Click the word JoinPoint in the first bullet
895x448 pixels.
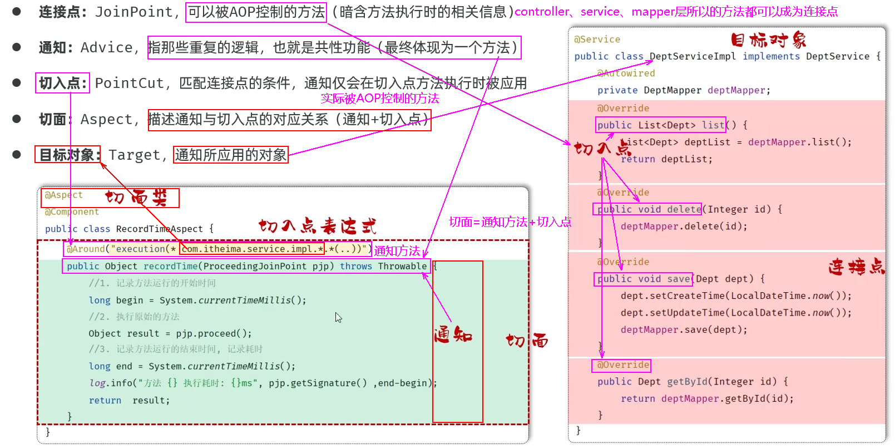[x=134, y=12]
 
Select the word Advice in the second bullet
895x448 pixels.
[x=106, y=48]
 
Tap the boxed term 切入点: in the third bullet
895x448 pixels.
[x=62, y=83]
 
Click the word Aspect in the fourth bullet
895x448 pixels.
[x=106, y=120]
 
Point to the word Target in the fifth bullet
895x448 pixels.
[x=134, y=155]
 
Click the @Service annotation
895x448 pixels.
[x=597, y=40]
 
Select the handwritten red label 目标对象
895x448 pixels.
[x=768, y=40]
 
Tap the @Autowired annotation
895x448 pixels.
[x=626, y=73]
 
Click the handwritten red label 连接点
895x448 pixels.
[x=856, y=267]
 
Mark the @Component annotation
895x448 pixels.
[x=72, y=212]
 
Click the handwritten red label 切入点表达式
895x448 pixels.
[x=318, y=226]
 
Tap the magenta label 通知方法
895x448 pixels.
[x=397, y=251]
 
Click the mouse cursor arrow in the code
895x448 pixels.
[x=338, y=317]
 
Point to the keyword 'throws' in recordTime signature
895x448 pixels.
[x=356, y=267]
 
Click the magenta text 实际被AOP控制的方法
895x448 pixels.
[x=380, y=99]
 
